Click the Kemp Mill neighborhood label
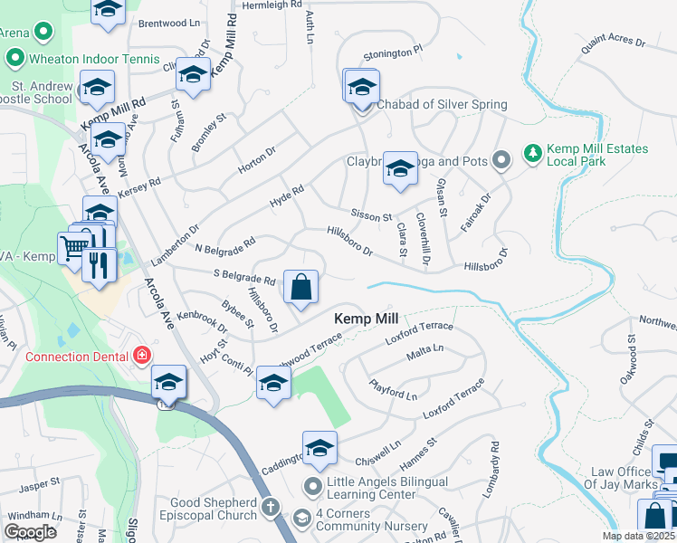click(x=367, y=319)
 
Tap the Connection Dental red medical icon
click(x=141, y=356)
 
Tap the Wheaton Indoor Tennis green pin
click(x=14, y=59)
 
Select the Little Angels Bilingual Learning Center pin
click(x=313, y=487)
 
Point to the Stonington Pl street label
click(x=392, y=54)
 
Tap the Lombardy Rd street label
click(x=494, y=460)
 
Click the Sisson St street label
click(x=370, y=217)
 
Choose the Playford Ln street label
click(x=393, y=391)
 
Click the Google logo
click(x=30, y=532)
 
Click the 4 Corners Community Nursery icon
click(x=301, y=519)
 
